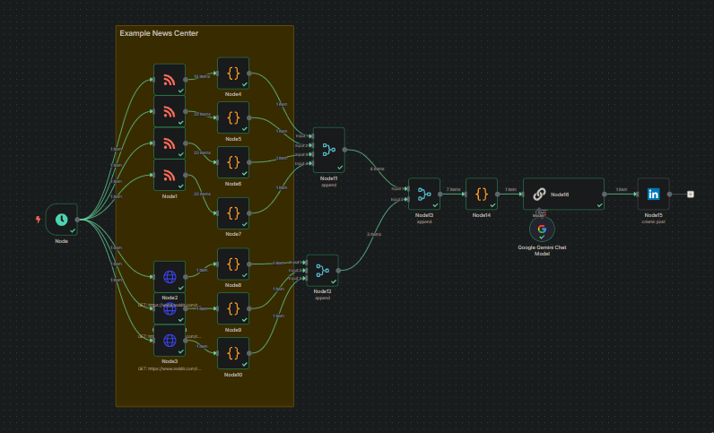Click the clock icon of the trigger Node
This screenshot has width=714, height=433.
(61, 219)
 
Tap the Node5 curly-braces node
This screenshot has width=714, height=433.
(232, 117)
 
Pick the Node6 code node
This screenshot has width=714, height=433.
(232, 162)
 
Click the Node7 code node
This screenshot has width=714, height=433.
(232, 213)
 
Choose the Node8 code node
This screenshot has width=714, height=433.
(232, 264)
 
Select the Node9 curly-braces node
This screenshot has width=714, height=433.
(232, 309)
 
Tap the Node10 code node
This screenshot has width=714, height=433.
(232, 352)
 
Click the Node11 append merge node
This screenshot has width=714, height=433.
(328, 150)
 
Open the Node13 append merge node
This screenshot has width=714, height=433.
(424, 194)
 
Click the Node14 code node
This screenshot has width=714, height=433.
(482, 194)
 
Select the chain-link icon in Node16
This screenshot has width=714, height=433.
(540, 194)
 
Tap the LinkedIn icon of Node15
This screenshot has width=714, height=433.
(653, 194)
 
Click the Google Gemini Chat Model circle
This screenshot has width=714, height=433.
(542, 229)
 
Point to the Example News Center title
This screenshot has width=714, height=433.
(159, 33)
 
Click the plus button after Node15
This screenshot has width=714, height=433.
(691, 194)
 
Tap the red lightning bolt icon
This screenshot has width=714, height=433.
(37, 219)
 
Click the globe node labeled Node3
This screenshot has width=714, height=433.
(169, 341)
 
